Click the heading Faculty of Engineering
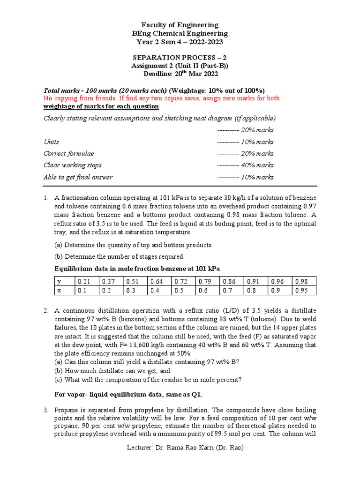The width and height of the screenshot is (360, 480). (180, 25)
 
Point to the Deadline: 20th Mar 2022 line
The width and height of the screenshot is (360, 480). (180, 74)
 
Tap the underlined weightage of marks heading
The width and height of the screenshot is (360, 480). (101, 106)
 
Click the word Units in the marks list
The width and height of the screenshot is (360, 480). (51, 142)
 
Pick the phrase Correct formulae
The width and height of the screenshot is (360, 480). (68, 154)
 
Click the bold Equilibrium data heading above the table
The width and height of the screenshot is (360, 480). (137, 269)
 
